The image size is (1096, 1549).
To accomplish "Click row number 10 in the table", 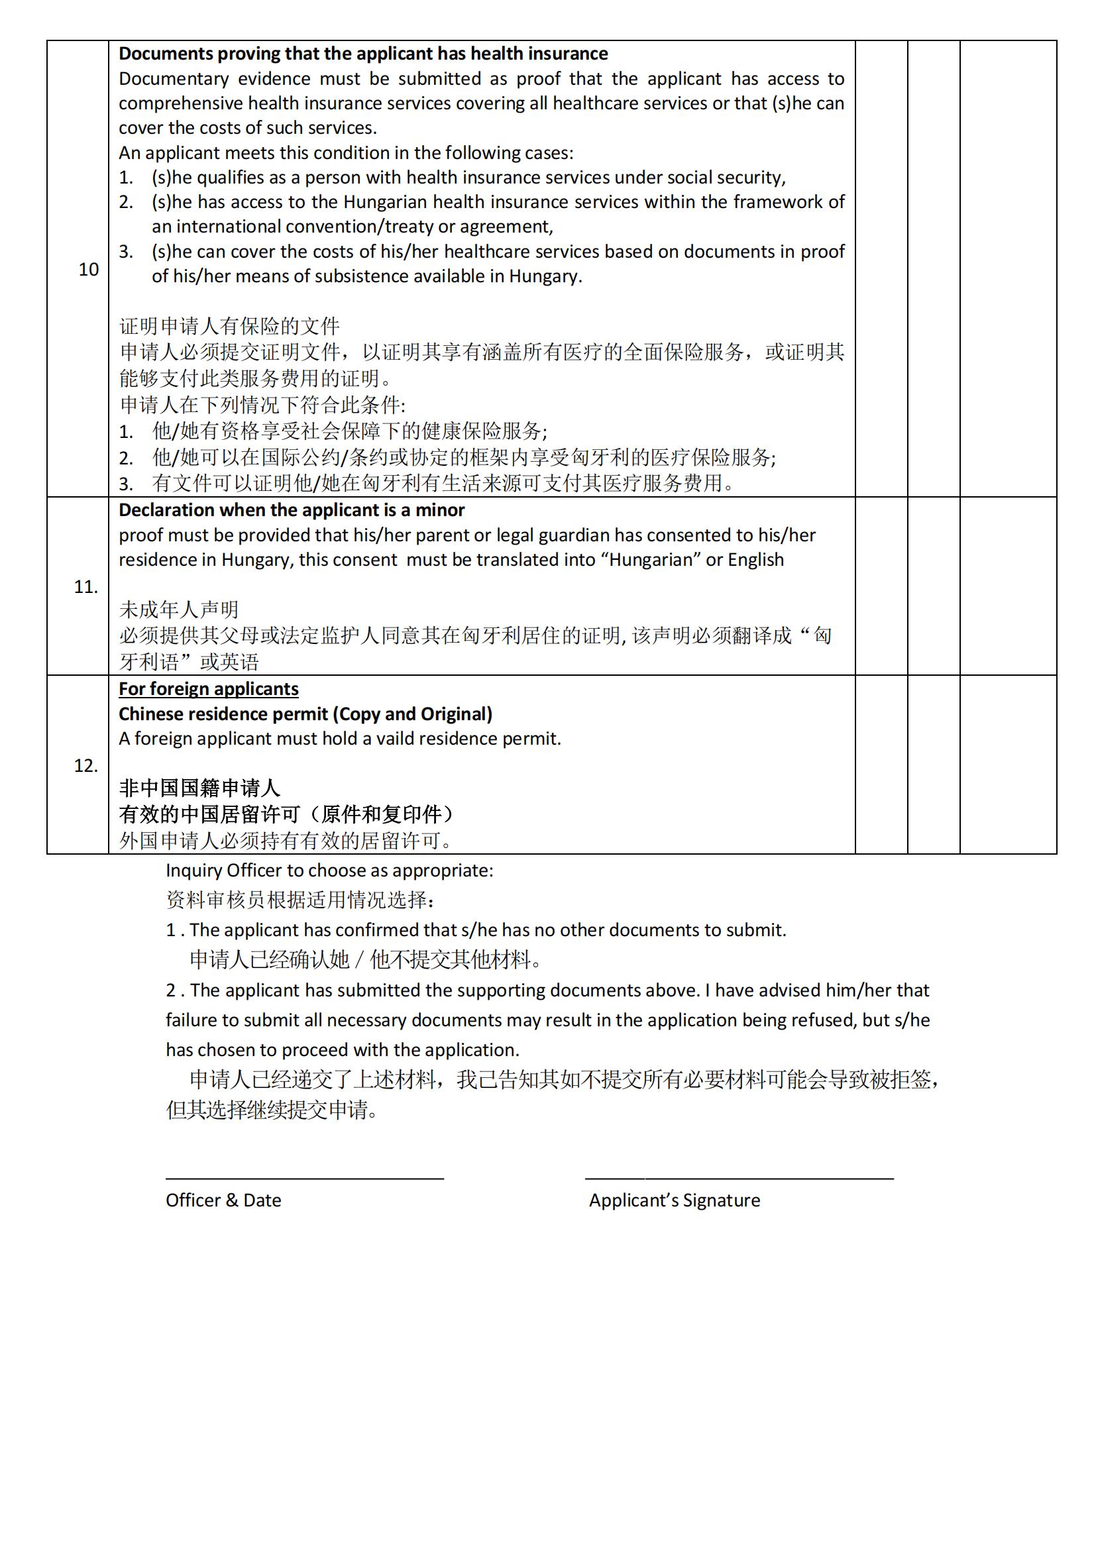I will pyautogui.click(x=88, y=270).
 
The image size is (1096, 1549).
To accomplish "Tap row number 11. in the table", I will pyautogui.click(x=85, y=587).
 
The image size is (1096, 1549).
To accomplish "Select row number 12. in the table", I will pyautogui.click(x=85, y=766).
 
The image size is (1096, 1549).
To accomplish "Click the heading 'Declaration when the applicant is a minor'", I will pyautogui.click(x=292, y=510).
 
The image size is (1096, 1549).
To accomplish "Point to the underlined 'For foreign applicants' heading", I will pyautogui.click(x=209, y=689).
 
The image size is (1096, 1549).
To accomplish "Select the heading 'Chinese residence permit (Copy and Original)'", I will pyautogui.click(x=305, y=714).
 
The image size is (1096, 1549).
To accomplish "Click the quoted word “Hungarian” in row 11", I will pyautogui.click(x=652, y=560).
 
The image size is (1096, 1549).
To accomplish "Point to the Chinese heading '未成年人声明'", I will pyautogui.click(x=179, y=610).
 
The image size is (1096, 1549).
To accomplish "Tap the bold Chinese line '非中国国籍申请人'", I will pyautogui.click(x=199, y=788).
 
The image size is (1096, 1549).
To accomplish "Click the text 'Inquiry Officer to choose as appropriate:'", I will pyautogui.click(x=329, y=871).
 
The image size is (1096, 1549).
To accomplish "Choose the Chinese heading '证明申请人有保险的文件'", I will pyautogui.click(x=229, y=327).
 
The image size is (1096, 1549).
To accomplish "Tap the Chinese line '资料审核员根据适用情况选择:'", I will pyautogui.click(x=300, y=900).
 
